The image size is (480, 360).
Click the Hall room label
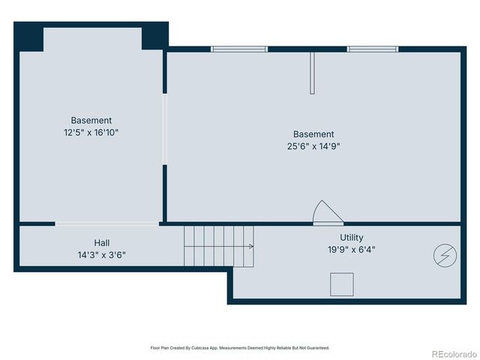tap(102, 242)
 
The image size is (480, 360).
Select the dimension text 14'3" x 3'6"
tap(102, 254)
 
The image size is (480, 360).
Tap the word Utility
tap(351, 237)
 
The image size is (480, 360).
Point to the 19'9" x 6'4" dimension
tap(351, 249)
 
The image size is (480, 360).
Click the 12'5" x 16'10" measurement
tap(91, 132)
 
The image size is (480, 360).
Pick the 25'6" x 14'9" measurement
tap(313, 146)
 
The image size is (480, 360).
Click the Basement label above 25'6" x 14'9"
tap(313, 134)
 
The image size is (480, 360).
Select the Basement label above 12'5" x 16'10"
tap(91, 120)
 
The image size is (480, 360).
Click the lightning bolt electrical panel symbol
tap(444, 256)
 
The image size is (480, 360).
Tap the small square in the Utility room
tap(342, 285)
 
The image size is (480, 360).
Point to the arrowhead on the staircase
tap(251, 246)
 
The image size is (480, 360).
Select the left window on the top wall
tap(239, 49)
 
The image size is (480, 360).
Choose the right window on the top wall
tap(373, 49)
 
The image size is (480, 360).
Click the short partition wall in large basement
tap(313, 73)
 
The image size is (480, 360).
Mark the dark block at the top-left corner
tap(30, 37)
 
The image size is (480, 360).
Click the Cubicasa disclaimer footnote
tap(240, 348)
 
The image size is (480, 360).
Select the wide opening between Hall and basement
tap(107, 223)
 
